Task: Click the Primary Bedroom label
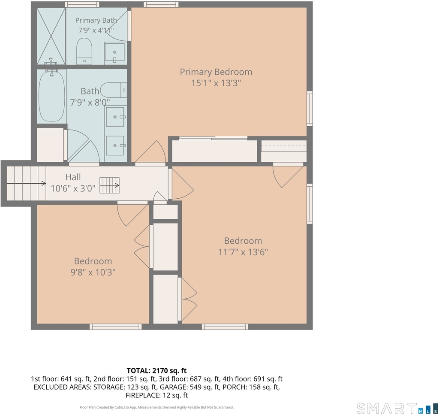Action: tap(216, 72)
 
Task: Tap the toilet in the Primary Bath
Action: tap(84, 51)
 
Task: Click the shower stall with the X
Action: tap(51, 36)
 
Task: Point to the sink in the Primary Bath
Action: tap(114, 52)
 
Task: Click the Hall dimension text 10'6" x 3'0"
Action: tap(73, 188)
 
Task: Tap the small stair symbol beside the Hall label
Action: tap(109, 185)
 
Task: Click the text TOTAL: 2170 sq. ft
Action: tap(156, 370)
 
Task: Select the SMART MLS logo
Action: tap(397, 408)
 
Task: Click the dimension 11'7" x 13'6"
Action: tap(243, 252)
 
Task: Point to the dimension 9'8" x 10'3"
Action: tap(93, 272)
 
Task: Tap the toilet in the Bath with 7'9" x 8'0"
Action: tap(114, 90)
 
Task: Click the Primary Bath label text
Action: tap(96, 20)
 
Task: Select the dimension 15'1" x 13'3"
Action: tap(216, 83)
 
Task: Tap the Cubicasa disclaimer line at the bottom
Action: tap(156, 407)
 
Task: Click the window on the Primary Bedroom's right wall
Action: tap(310, 109)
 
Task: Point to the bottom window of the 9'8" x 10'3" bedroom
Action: tap(116, 327)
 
